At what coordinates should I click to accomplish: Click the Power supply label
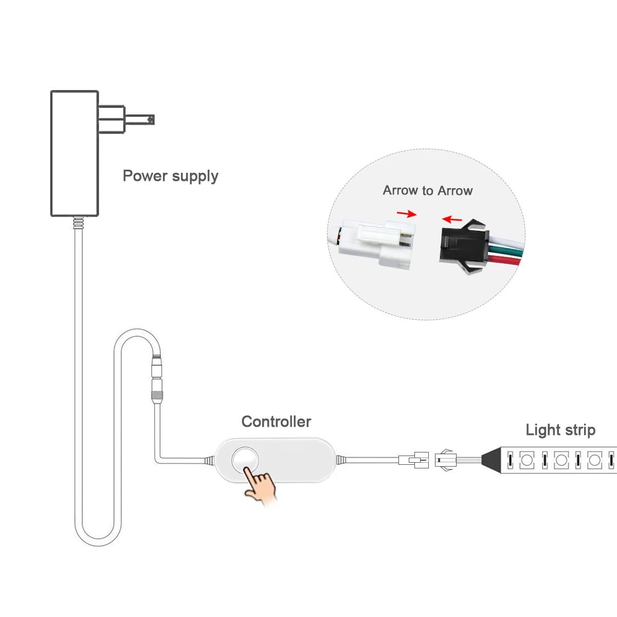170,176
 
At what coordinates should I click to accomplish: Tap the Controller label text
276,422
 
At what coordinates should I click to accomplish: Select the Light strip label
560,430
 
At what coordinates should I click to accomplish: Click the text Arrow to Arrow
428,191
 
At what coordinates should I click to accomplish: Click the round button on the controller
245,460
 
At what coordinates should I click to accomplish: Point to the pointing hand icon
260,483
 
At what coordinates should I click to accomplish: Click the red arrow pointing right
407,213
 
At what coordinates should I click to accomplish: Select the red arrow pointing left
452,220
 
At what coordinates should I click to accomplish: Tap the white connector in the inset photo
376,244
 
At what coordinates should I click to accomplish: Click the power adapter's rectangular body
75,153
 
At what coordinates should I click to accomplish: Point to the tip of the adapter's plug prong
154,120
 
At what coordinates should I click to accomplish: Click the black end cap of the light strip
491,460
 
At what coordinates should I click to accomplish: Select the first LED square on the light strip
527,460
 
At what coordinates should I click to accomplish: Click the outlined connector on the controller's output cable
414,460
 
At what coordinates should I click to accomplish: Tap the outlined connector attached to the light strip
445,460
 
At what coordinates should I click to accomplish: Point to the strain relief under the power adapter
78,223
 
